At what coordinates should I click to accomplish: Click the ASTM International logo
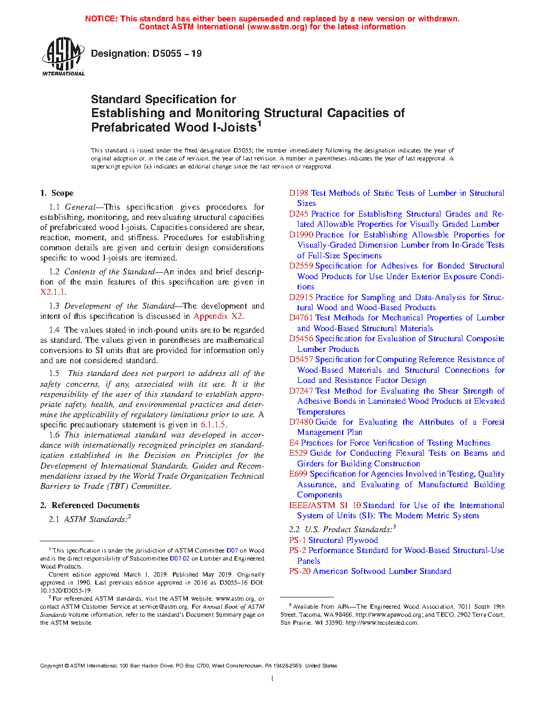click(63, 56)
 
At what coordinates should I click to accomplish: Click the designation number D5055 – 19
click(177, 53)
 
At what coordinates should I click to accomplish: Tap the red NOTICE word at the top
click(101, 19)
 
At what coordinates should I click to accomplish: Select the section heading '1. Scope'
click(57, 193)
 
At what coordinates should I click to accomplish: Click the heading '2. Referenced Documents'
click(90, 505)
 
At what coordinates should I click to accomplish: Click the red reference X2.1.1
click(53, 292)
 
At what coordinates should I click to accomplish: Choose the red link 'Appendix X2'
click(218, 316)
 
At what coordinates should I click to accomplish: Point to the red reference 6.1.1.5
click(213, 425)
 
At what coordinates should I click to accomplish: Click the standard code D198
click(299, 193)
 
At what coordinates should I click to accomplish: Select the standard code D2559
click(301, 266)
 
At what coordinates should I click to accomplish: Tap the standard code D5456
click(301, 339)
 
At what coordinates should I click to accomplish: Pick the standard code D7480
click(301, 422)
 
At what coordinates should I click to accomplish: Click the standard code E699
click(298, 474)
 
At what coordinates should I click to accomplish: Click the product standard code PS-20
click(300, 571)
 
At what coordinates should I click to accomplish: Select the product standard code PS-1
click(298, 540)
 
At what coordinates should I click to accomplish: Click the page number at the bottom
click(272, 679)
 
